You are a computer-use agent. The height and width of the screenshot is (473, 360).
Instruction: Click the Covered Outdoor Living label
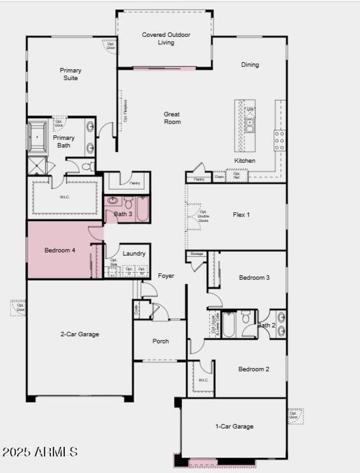point(166,39)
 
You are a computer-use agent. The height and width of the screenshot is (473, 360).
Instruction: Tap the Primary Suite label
point(71,74)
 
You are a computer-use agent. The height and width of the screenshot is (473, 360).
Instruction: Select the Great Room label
point(172,118)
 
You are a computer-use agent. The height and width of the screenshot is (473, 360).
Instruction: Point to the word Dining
point(250,65)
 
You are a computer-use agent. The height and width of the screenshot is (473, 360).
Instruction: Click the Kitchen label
point(245,161)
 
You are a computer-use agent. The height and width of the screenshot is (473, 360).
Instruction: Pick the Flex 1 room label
point(241,214)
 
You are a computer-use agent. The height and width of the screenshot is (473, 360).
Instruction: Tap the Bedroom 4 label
point(59,250)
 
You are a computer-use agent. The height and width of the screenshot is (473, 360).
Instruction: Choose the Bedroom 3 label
point(254,277)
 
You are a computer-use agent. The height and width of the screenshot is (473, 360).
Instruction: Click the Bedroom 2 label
point(254,369)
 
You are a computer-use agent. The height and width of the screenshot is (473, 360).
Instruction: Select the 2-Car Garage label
point(80,334)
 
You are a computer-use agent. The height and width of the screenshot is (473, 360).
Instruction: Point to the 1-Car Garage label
point(234,426)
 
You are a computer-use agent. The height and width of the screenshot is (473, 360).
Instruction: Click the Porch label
point(161,341)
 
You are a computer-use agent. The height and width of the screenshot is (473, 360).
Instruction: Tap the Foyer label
point(166,276)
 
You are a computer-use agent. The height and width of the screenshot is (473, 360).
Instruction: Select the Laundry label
point(134,254)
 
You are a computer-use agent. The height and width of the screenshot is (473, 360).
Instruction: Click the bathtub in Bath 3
point(142,210)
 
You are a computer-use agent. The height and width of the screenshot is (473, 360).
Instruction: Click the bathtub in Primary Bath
point(37,136)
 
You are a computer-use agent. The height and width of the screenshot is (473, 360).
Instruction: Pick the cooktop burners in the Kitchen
point(280,141)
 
